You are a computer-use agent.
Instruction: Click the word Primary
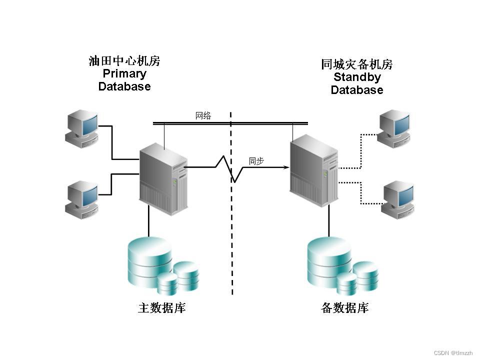[x=124, y=74]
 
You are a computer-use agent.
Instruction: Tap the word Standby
[x=357, y=77]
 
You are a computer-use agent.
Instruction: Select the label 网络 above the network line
[x=203, y=116]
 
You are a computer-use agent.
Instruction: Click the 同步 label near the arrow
[x=256, y=161]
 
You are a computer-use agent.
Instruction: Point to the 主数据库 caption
[x=162, y=308]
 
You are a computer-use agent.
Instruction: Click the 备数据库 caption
[x=344, y=308]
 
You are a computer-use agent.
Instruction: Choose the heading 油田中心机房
[x=124, y=61]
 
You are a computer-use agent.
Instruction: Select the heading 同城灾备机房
[x=357, y=64]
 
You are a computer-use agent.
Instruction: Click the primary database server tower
[x=163, y=178]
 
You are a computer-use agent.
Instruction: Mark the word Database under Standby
[x=357, y=90]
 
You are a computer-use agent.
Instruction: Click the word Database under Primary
[x=124, y=86]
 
